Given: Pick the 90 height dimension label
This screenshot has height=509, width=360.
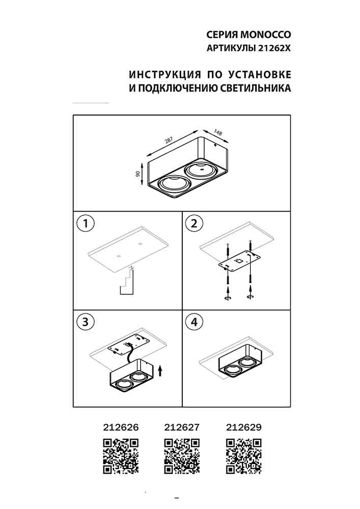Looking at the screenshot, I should [138, 174].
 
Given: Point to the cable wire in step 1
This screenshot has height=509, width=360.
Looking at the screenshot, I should [127, 282].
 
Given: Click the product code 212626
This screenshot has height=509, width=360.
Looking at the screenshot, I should [121, 428].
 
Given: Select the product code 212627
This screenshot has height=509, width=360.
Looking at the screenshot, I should [182, 428].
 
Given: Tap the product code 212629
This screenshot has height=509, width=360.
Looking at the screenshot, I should [243, 428].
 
